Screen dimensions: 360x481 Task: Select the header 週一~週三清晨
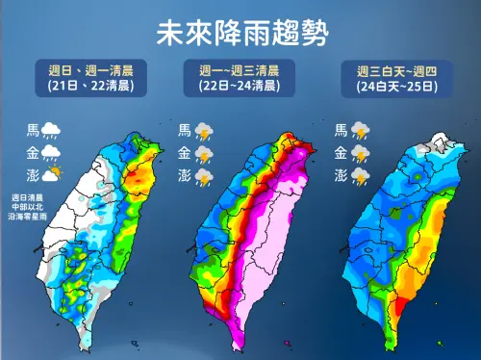coord(240,69)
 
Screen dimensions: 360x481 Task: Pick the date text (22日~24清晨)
coord(240,86)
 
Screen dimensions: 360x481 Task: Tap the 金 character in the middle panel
coord(185,153)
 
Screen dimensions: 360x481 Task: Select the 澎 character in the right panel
coord(341,175)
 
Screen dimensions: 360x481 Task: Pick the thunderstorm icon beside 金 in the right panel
coord(360,153)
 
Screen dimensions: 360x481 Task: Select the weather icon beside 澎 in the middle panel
coord(204,175)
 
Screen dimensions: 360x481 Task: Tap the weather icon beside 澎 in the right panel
coord(360,175)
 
